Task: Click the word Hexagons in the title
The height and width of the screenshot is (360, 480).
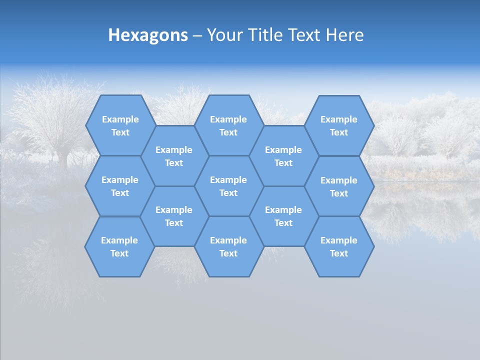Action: tap(148, 35)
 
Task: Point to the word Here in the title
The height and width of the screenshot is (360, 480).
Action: tap(344, 35)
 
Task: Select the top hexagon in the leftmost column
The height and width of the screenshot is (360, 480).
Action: tap(120, 125)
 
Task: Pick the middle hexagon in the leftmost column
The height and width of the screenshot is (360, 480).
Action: tap(120, 186)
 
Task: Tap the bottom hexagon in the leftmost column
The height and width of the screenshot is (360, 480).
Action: tap(119, 246)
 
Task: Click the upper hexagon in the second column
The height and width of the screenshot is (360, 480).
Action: tap(174, 156)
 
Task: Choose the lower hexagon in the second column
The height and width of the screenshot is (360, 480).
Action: tap(174, 216)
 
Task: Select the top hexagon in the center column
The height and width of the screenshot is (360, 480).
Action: tap(228, 125)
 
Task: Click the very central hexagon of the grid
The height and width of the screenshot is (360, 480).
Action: tap(228, 186)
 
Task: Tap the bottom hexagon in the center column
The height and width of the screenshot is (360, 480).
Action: tap(228, 246)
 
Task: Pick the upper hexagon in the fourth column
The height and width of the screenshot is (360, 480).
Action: tap(283, 156)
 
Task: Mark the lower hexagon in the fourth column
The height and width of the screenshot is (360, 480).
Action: tap(283, 216)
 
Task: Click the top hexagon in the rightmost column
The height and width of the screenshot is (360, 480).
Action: tap(339, 125)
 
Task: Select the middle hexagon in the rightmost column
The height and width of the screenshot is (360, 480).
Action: tap(339, 186)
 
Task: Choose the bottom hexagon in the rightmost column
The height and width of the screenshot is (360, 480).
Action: tap(339, 246)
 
